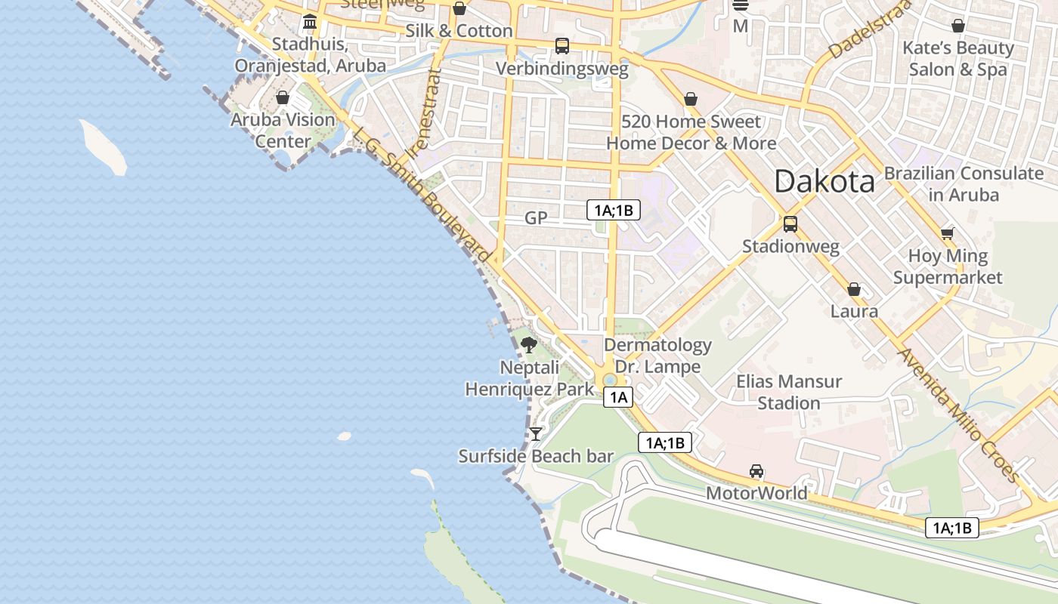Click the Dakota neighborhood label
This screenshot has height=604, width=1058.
(x=824, y=181)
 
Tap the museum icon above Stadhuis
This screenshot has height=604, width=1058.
(x=310, y=22)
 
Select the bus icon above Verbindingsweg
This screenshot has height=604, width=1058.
(x=561, y=46)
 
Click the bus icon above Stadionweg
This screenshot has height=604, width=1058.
(x=790, y=224)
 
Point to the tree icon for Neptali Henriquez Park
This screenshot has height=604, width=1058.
(x=529, y=346)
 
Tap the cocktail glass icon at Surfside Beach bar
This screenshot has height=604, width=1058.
(x=536, y=433)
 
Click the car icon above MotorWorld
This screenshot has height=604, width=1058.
(x=756, y=471)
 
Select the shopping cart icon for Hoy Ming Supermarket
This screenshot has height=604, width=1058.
(x=948, y=233)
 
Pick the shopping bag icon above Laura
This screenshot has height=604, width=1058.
(x=854, y=289)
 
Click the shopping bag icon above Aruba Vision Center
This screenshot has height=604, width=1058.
(x=283, y=97)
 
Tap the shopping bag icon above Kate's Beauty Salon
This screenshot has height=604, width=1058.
(x=958, y=26)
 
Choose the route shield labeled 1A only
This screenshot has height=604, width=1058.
(x=617, y=397)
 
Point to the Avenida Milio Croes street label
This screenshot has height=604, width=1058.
(x=957, y=414)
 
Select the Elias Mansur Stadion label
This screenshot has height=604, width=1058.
(x=789, y=392)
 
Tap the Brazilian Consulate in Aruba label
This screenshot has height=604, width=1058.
(x=964, y=183)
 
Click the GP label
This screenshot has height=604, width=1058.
(x=536, y=218)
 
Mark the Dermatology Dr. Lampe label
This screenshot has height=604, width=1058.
(x=657, y=356)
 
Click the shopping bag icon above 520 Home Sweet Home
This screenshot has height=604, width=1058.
(x=690, y=99)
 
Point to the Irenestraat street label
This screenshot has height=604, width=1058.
(x=422, y=113)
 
